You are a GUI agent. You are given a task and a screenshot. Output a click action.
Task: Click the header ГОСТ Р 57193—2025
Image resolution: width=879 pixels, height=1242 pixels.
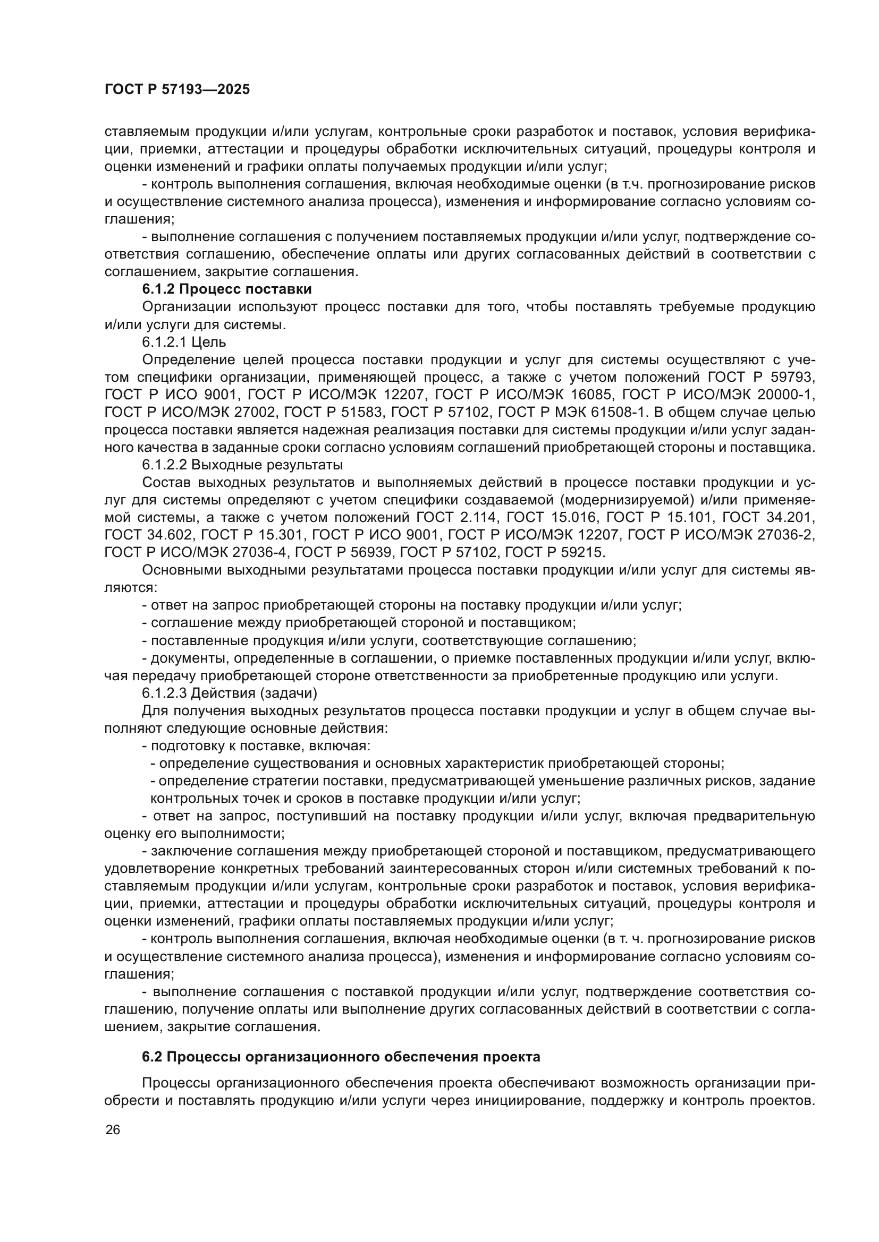[x=177, y=90]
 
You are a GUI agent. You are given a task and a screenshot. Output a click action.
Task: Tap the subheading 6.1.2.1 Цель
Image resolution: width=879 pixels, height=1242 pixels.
[x=184, y=342]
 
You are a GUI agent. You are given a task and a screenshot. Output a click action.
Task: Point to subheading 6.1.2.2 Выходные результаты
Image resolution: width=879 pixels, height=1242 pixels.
[x=242, y=465]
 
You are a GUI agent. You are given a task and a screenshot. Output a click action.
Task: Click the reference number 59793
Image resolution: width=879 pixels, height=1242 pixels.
[x=791, y=377]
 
